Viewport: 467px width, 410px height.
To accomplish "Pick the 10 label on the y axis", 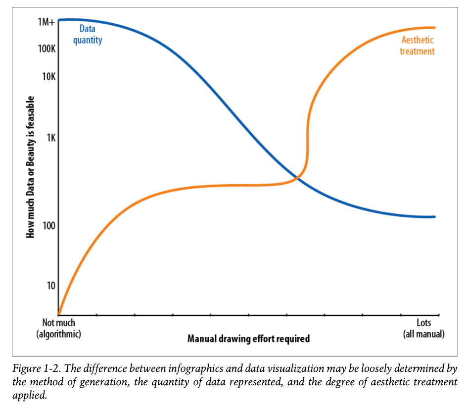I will pos(49,286).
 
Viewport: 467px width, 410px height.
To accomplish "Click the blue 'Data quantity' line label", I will pos(88,35).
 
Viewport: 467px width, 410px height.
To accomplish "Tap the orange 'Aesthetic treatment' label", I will pos(417,46).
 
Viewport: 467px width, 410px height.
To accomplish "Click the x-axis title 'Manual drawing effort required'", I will pos(248,339).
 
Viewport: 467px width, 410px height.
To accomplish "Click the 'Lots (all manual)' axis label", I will pos(424,328).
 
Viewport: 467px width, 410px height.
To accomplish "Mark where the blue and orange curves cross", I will pos(296,177).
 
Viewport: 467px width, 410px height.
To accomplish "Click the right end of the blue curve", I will pos(434,217).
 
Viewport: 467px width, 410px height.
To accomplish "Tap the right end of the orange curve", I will pos(434,28).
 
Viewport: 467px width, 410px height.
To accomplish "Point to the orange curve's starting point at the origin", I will pos(59,314).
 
